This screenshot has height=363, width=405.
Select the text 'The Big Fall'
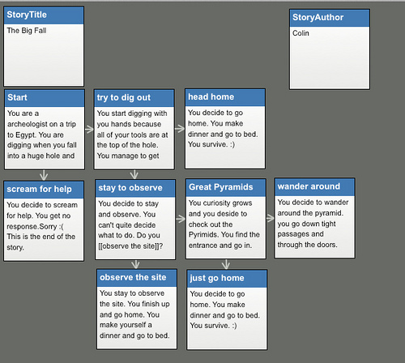point(27,31)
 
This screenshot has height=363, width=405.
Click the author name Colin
point(301,33)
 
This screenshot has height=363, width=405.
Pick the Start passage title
point(17,97)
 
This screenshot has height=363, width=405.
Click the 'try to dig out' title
point(124,97)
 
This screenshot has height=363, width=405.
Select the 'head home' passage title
point(211,96)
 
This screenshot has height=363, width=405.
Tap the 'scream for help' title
point(40,189)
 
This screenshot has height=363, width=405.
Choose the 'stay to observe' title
point(130,188)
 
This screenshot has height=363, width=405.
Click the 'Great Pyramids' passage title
point(221,187)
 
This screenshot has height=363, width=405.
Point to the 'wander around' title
point(309,186)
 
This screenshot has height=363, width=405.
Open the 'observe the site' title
point(133,277)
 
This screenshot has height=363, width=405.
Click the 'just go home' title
point(217,278)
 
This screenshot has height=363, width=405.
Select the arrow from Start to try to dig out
point(89,130)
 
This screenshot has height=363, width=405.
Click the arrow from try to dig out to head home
point(180,129)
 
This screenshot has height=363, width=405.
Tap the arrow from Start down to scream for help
point(44,175)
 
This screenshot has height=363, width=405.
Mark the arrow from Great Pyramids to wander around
point(271,218)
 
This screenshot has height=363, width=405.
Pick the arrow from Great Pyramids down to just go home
point(226,264)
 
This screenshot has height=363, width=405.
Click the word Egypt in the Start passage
point(25,135)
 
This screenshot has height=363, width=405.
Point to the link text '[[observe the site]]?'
point(130,246)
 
